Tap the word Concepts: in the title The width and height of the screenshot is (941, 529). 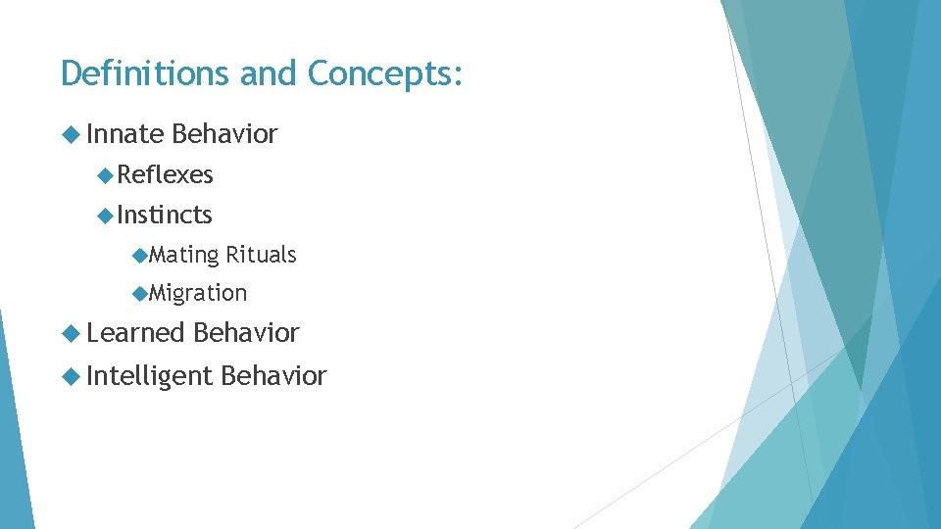point(384,73)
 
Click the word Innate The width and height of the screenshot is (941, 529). point(124,134)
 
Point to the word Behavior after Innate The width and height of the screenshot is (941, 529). point(224,134)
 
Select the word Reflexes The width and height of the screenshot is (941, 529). point(165,175)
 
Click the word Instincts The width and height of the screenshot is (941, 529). point(165,215)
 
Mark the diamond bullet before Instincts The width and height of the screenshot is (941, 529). point(106,215)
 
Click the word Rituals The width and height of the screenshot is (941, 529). point(261,255)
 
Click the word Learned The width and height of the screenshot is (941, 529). point(135,333)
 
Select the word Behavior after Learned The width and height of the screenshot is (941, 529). point(246,333)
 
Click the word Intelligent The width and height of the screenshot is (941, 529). point(149,376)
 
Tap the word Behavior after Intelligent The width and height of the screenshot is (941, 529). point(273,376)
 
